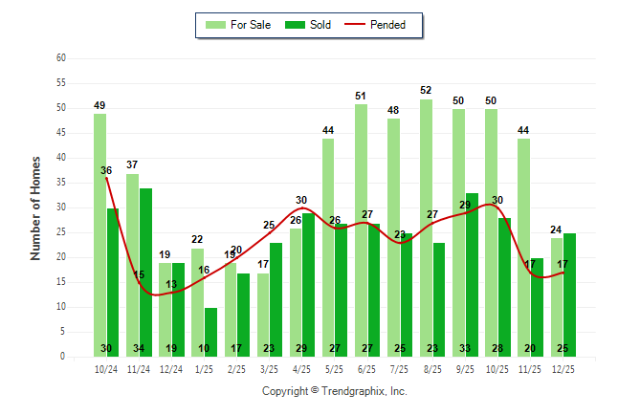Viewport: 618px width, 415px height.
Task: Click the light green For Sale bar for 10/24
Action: click(99, 234)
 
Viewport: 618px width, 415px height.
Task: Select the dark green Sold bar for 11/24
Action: click(145, 273)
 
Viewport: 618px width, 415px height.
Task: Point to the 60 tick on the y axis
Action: click(61, 58)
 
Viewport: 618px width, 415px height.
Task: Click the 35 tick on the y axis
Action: click(61, 183)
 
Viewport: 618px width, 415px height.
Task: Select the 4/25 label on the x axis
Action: click(300, 368)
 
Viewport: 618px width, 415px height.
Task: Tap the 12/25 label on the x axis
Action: click(563, 368)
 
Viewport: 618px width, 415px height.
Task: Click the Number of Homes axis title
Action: click(36, 207)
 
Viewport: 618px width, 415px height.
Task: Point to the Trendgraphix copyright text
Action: click(335, 391)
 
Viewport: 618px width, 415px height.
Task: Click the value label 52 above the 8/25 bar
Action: click(426, 91)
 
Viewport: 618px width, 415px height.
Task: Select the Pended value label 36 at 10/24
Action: click(106, 171)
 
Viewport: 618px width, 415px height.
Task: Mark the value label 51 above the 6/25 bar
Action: click(361, 96)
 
